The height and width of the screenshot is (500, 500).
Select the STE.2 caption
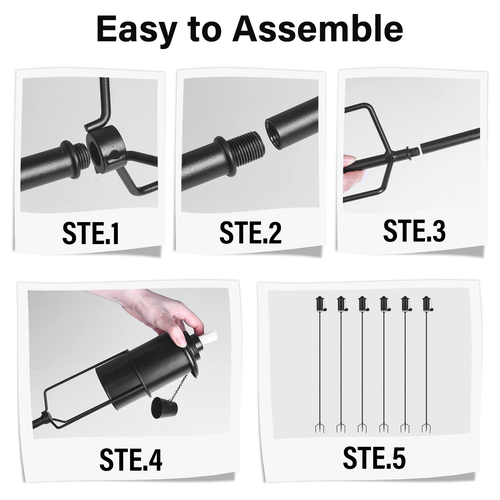point(250,232)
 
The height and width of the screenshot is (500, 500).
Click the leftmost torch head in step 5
point(320,304)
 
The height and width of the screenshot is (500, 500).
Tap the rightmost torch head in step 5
point(426,304)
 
